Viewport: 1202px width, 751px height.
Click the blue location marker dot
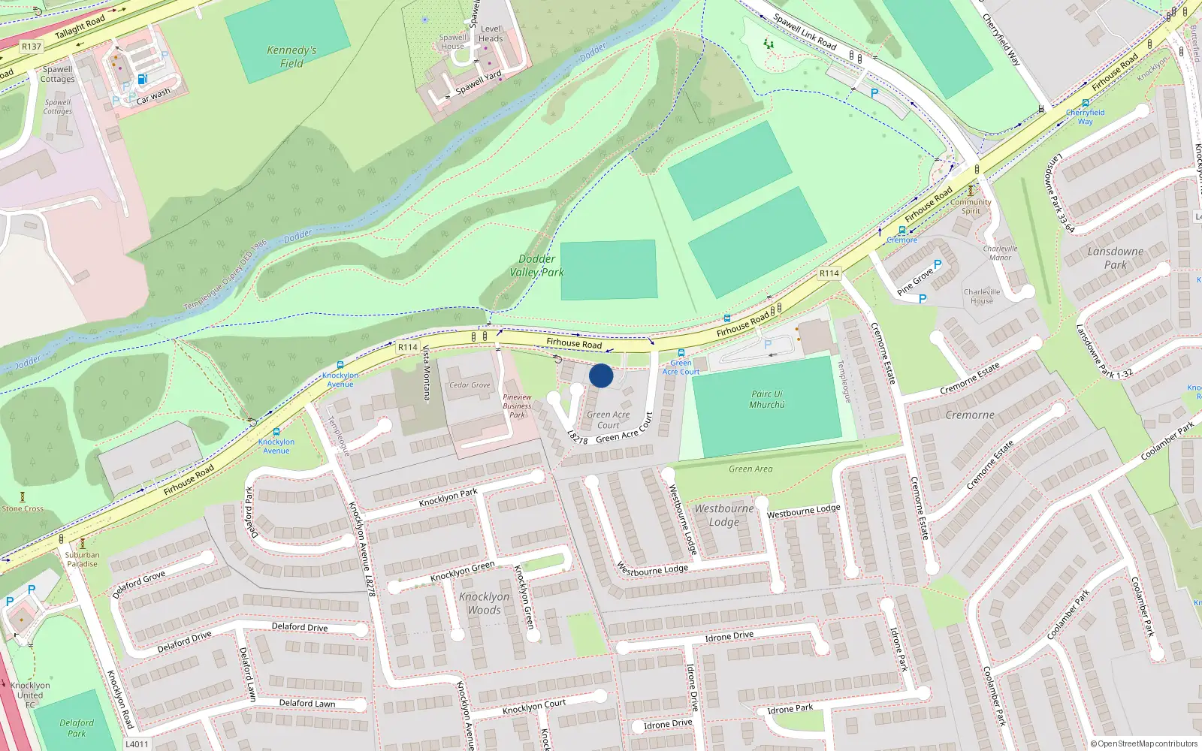[601, 375]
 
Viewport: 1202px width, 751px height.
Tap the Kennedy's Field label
[291, 57]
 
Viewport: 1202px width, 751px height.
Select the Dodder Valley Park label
[536, 266]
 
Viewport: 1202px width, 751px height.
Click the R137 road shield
[32, 47]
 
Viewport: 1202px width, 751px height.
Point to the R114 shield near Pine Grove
[829, 273]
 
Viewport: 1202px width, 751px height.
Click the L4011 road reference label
[137, 744]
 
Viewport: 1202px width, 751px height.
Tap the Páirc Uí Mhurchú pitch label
[767, 400]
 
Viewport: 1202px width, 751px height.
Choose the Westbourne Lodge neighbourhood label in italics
[723, 515]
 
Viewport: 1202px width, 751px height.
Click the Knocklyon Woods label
[484, 603]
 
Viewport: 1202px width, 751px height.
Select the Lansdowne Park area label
[1116, 258]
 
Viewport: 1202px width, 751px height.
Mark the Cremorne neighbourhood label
[970, 415]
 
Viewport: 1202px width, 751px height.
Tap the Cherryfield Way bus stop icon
[1086, 103]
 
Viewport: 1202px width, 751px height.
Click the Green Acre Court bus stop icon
[681, 353]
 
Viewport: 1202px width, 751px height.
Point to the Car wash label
[153, 95]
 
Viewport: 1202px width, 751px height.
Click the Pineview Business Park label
[517, 406]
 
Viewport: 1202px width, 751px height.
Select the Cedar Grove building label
[470, 385]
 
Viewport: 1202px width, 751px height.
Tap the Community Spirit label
[971, 207]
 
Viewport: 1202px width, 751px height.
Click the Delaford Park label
[77, 728]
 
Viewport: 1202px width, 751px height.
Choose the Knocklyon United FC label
[30, 695]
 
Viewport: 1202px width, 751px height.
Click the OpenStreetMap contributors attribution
[1144, 744]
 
